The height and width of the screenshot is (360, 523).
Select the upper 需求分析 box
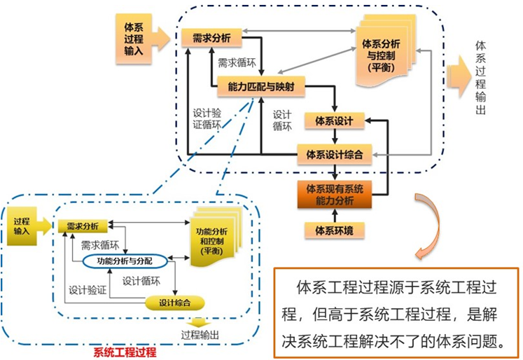click(x=211, y=38)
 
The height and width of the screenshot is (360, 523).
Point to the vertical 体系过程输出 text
click(x=480, y=77)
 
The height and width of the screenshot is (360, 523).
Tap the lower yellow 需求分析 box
click(x=83, y=226)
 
